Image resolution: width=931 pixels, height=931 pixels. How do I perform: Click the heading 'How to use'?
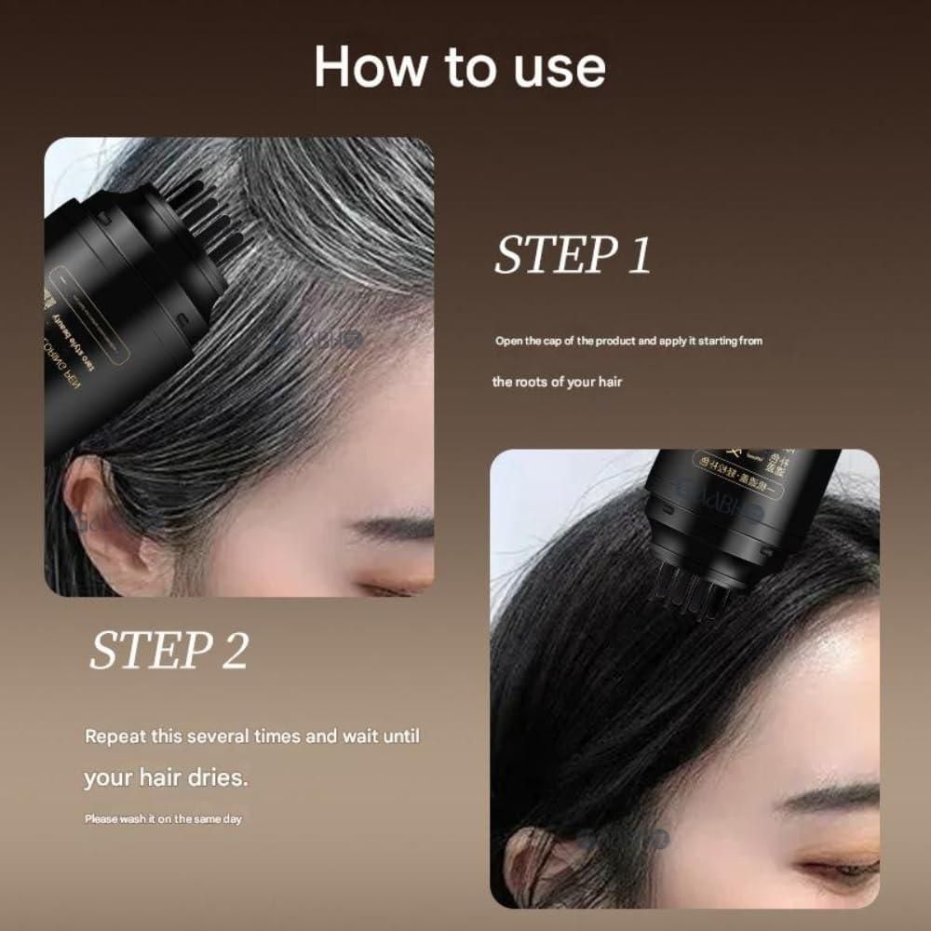tap(460, 67)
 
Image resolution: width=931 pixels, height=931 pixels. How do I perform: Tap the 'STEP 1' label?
tap(572, 255)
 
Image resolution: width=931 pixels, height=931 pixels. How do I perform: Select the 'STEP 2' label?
tap(169, 651)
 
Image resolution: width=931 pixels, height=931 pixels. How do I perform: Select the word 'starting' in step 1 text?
tap(715, 341)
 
